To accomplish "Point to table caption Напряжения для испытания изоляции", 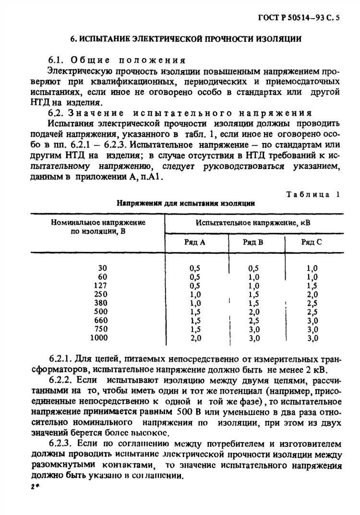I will [x=186, y=203].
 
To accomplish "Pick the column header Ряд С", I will [x=312, y=242].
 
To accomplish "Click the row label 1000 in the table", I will [x=99, y=338].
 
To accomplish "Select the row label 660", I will [x=101, y=321].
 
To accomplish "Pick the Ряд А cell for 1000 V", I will [x=195, y=338].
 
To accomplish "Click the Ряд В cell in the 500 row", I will [x=254, y=312].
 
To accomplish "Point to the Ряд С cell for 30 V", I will [x=312, y=268].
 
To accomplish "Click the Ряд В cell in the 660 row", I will [x=254, y=321].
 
